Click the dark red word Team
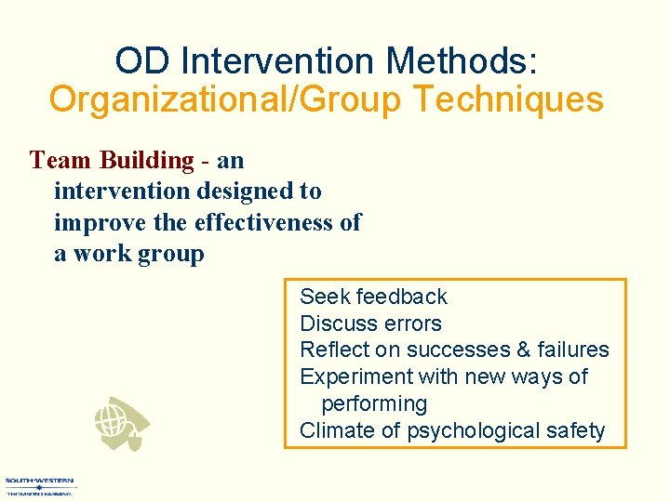[60, 160]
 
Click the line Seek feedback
[373, 297]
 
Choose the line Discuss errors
[370, 324]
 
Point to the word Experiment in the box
[355, 376]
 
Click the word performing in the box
[374, 403]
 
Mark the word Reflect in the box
[330, 350]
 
